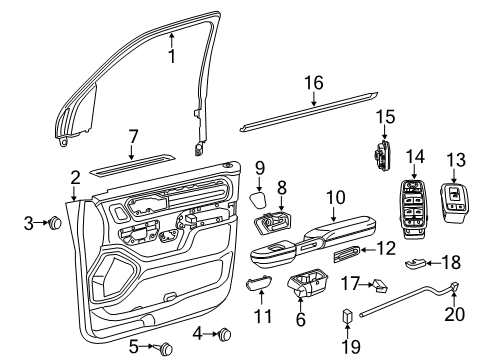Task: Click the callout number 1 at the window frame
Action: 171,30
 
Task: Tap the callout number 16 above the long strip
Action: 314,83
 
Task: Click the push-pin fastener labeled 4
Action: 225,333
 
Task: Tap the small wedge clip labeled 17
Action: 381,286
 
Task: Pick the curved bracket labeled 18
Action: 417,265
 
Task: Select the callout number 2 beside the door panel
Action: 74,178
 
